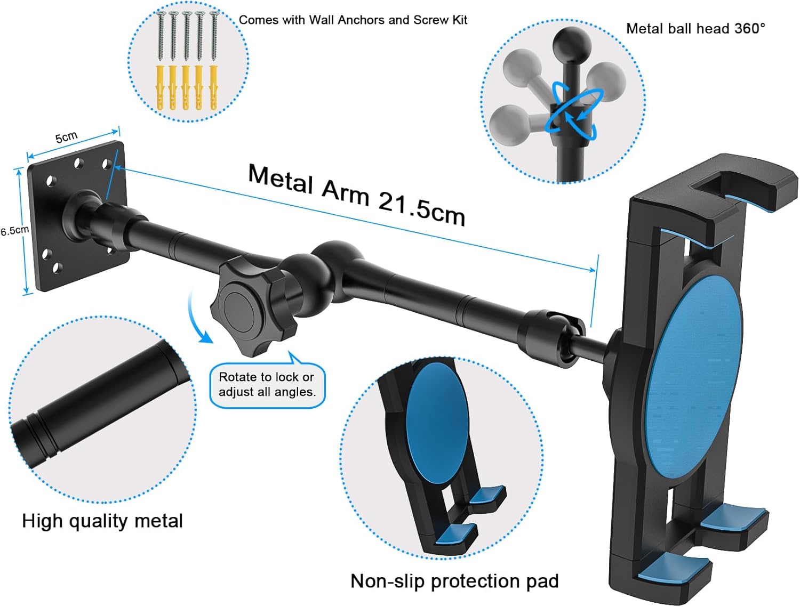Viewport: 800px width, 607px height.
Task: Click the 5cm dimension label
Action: (66, 137)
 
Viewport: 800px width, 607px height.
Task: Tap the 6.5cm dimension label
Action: (14, 231)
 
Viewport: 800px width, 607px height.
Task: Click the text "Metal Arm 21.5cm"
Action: (356, 195)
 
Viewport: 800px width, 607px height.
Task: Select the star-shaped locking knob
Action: (248, 306)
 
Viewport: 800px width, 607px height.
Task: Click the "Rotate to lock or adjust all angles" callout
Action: (267, 385)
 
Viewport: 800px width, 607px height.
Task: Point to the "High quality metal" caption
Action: (102, 521)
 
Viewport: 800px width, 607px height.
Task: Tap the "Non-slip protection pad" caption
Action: (454, 581)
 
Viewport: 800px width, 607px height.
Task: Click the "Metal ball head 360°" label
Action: (695, 28)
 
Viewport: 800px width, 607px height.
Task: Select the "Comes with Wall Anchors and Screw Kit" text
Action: (353, 20)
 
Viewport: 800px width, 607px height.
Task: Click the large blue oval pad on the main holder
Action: (693, 376)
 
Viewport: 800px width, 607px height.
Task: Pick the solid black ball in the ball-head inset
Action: (571, 44)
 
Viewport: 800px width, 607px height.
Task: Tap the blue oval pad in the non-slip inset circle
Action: (437, 424)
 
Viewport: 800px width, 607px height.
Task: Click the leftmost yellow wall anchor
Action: (160, 88)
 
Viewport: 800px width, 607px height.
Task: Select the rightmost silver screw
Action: (214, 36)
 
